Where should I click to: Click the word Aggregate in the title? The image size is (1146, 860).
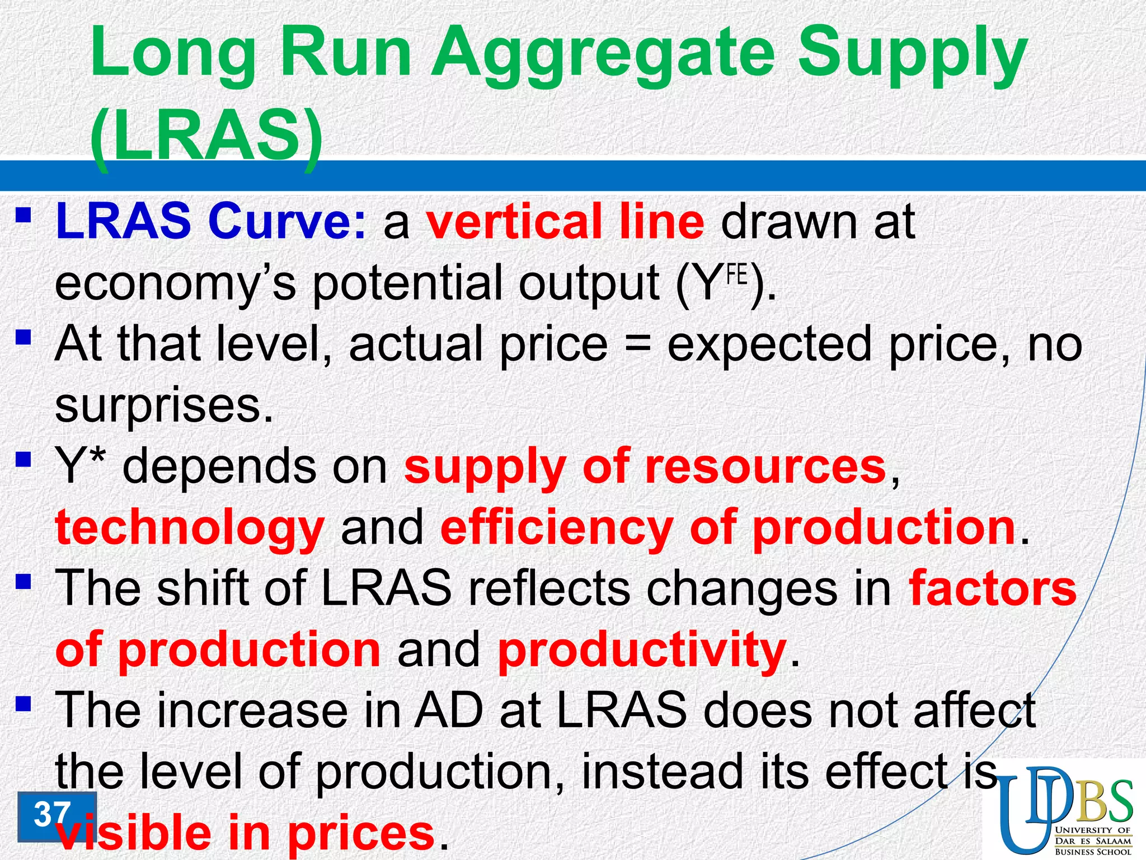tap(604, 56)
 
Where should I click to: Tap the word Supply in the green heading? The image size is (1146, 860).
tap(912, 56)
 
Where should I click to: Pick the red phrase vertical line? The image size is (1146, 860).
tap(565, 222)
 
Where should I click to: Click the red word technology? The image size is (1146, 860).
tap(190, 528)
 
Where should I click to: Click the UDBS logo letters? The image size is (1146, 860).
tap(1063, 801)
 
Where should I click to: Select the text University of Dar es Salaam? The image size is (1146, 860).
tap(1093, 835)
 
